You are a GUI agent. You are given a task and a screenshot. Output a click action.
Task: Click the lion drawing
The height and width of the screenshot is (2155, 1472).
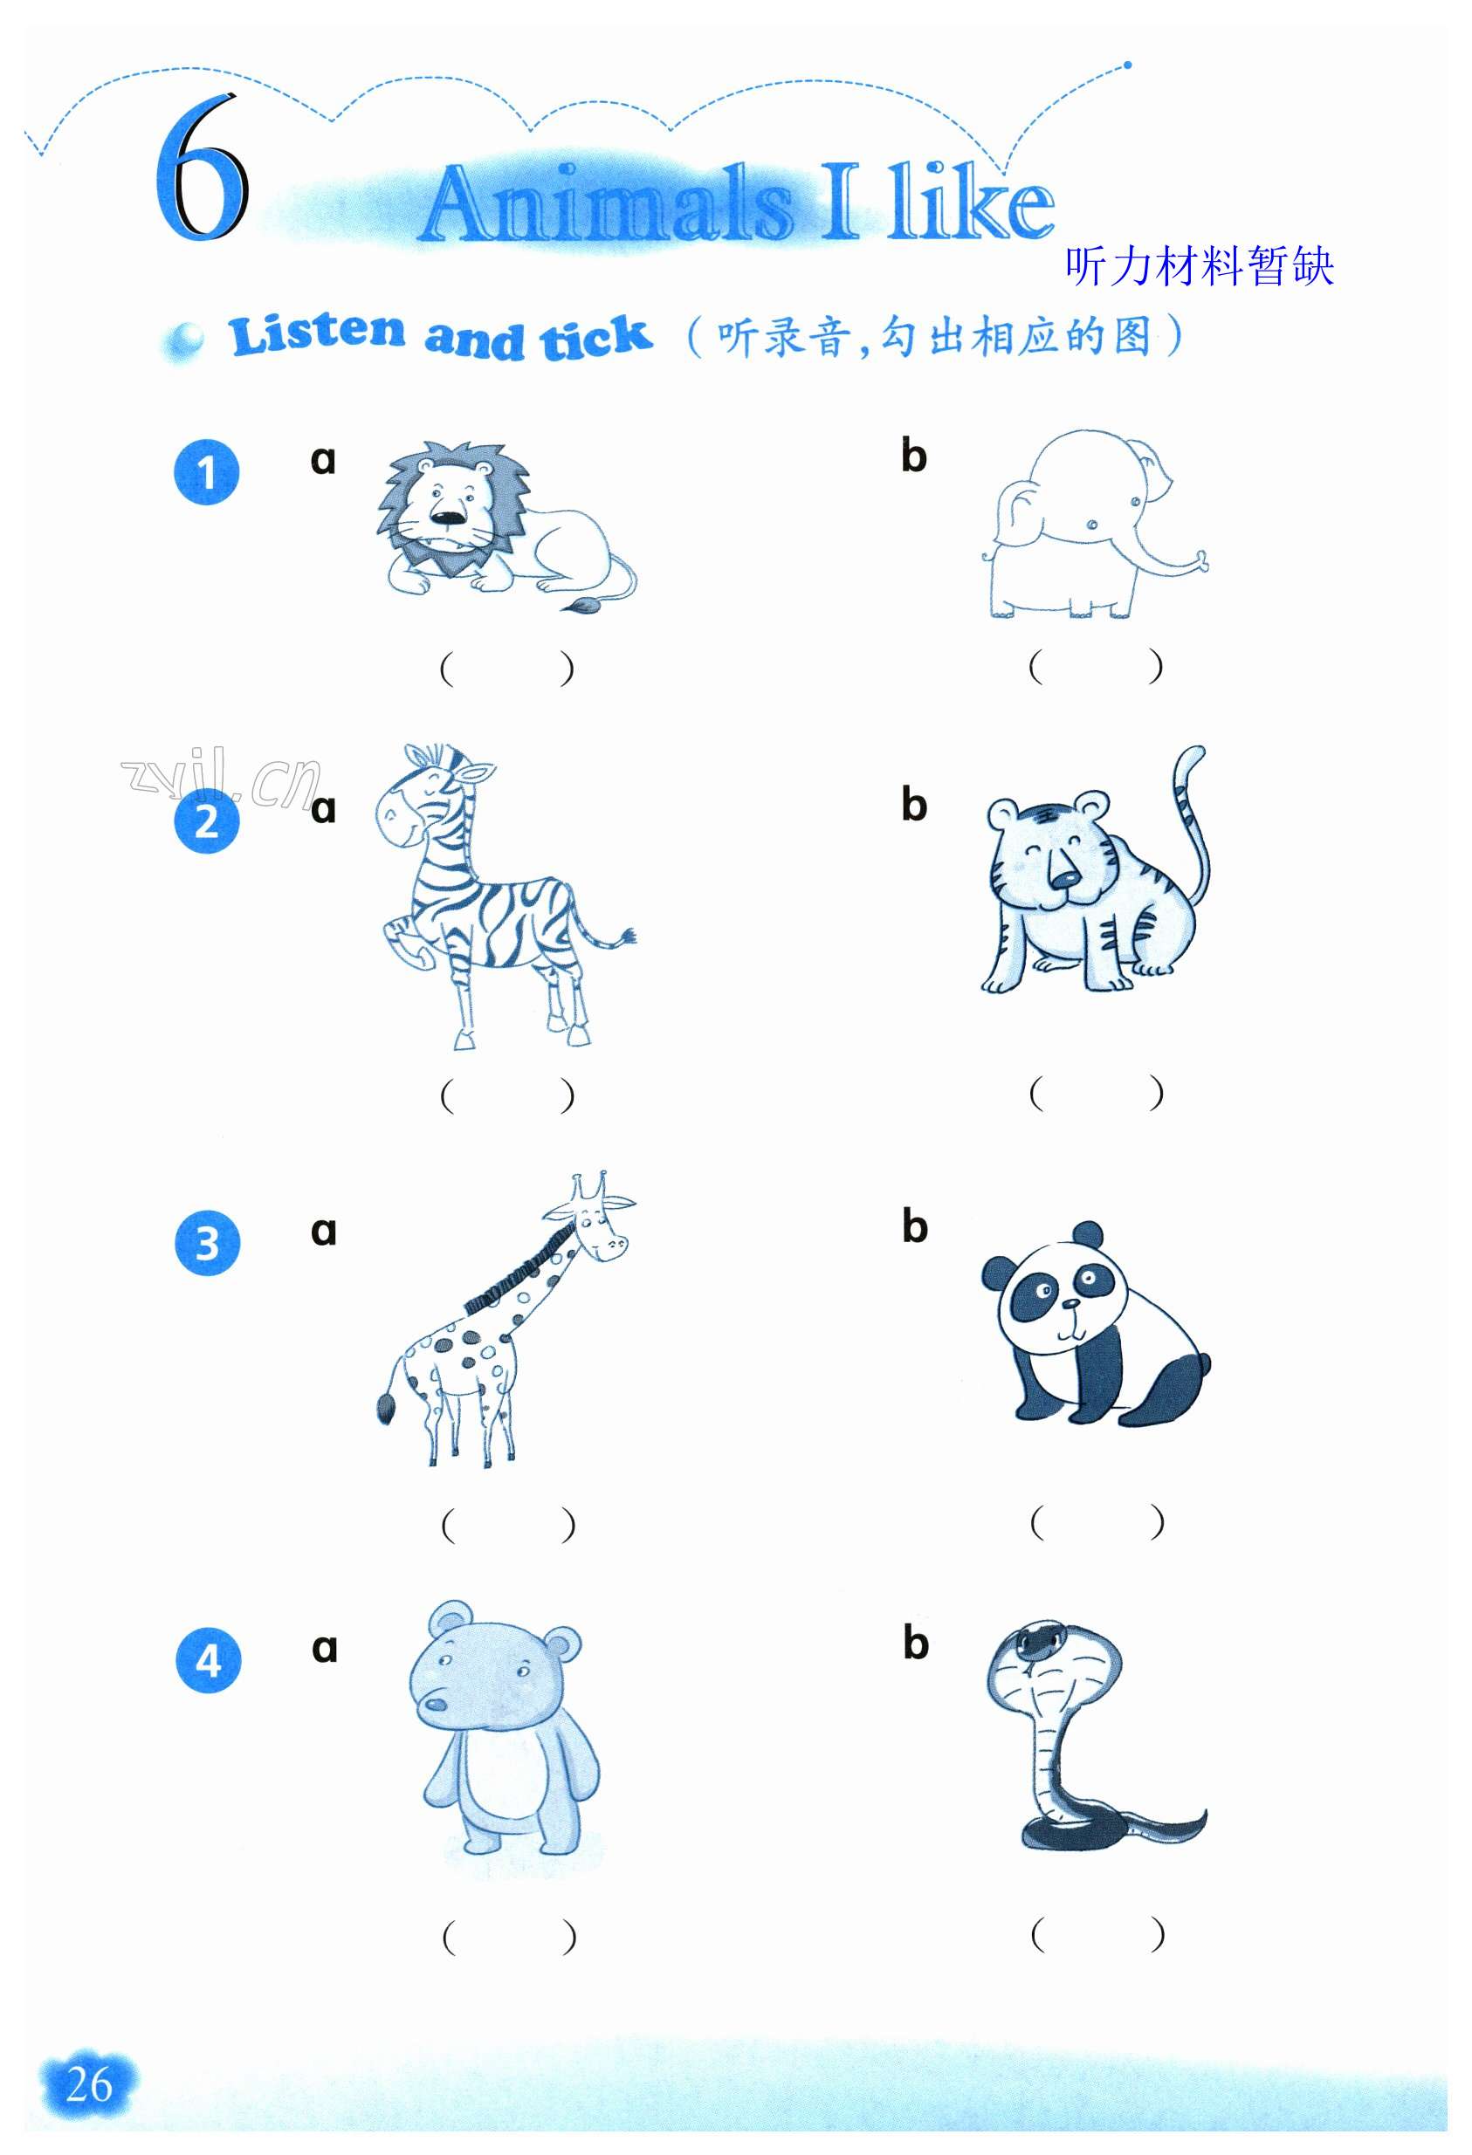(505, 525)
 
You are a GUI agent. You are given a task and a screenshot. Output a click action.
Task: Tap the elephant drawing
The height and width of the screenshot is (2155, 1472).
(1095, 525)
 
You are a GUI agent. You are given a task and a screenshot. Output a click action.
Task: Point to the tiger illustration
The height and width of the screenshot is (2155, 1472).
(1095, 872)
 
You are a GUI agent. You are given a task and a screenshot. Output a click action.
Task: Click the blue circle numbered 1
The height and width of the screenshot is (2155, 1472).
(207, 472)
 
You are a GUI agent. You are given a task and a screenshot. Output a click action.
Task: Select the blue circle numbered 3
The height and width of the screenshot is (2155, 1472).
(207, 1244)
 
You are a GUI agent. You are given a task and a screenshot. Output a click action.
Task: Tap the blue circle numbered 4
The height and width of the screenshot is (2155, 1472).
(208, 1660)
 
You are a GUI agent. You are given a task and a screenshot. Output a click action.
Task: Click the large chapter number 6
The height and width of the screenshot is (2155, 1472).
(202, 167)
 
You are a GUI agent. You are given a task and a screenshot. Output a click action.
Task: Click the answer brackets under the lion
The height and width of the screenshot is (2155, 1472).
(506, 668)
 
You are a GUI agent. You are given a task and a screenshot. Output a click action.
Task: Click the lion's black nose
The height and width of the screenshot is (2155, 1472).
(448, 517)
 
